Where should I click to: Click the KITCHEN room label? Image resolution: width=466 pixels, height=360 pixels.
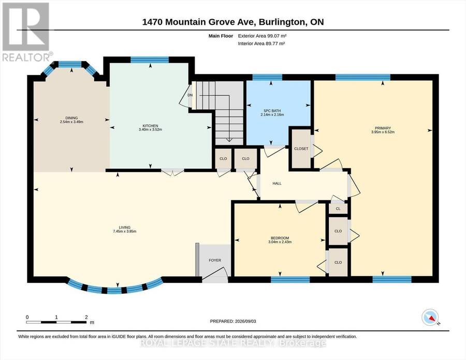pyautogui.click(x=150, y=126)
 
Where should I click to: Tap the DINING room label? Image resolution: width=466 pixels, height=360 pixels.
pyautogui.click(x=71, y=118)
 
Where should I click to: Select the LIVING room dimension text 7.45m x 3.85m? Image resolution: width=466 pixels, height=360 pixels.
pyautogui.click(x=124, y=231)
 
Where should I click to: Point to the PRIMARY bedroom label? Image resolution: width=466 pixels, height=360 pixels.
pyautogui.click(x=383, y=128)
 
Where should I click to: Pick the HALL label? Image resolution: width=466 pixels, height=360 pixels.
pyautogui.click(x=277, y=183)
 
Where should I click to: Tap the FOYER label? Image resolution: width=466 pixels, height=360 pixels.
pyautogui.click(x=215, y=260)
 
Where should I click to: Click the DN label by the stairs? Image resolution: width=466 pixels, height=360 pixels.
pyautogui.click(x=190, y=95)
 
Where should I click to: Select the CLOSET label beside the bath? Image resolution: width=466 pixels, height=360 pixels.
pyautogui.click(x=301, y=149)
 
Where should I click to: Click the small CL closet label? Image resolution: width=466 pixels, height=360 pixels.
pyautogui.click(x=338, y=209)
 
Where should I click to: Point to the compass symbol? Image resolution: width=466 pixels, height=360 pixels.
pyautogui.click(x=430, y=317)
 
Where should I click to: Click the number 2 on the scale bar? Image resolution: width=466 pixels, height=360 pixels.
pyautogui.click(x=86, y=317)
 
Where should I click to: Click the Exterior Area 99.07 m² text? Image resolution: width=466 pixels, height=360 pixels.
pyautogui.click(x=262, y=36)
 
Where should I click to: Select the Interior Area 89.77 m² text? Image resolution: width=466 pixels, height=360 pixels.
pyautogui.click(x=261, y=44)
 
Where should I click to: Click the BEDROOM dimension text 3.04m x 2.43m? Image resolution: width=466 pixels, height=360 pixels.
pyautogui.click(x=280, y=242)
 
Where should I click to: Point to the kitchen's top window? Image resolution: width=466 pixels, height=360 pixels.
pyautogui.click(x=150, y=60)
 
